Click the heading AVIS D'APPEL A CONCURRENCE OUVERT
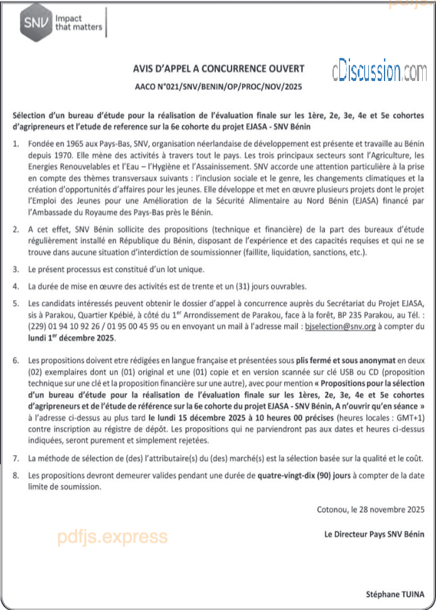coord(218,68)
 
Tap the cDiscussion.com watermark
coord(379,70)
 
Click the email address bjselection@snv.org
coord(339,327)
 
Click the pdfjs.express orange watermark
coord(112,536)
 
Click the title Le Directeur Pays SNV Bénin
coord(379,534)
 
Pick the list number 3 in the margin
coord(15,269)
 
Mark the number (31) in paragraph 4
coord(252,286)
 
